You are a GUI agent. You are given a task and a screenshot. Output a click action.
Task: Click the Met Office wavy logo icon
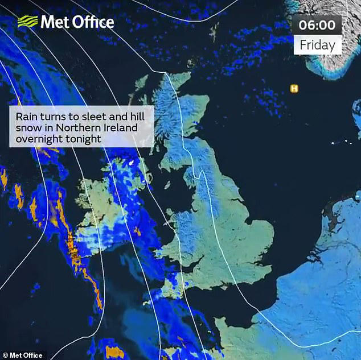[27, 22]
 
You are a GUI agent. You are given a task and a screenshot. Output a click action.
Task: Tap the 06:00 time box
[317, 25]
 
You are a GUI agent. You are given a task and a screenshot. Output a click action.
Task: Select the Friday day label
[317, 44]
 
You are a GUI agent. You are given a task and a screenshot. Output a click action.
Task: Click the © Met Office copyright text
[22, 355]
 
